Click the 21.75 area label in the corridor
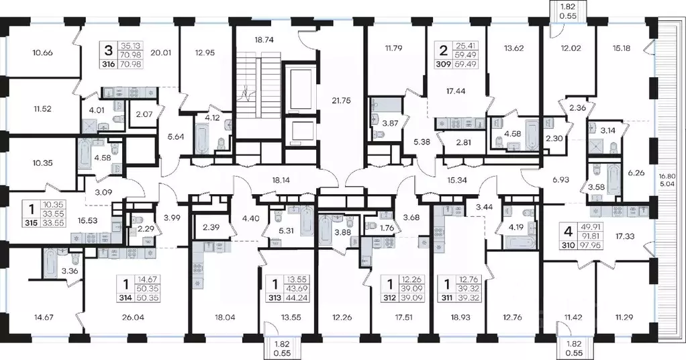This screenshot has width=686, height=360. click(341, 100)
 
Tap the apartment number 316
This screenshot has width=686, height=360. click(109, 64)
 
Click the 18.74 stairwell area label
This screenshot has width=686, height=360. click(264, 40)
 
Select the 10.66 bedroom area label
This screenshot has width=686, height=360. click(42, 53)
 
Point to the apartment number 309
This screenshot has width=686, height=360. click(444, 64)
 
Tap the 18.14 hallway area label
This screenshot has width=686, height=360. click(281, 179)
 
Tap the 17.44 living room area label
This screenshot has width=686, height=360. click(456, 91)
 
